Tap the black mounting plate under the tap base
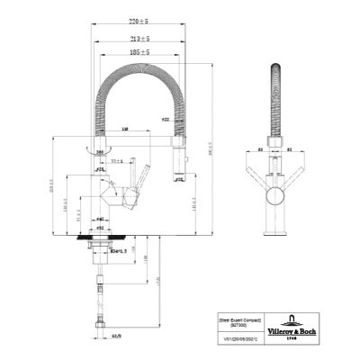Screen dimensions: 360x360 (x=99, y=241)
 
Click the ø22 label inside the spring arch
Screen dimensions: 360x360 (x=166, y=119)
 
